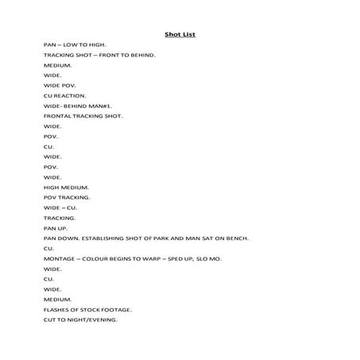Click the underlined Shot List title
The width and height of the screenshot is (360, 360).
(180, 34)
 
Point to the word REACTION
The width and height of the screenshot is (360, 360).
(68, 95)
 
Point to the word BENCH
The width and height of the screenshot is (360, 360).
(237, 238)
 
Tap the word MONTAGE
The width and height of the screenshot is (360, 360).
(60, 258)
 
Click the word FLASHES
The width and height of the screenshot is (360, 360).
(57, 309)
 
